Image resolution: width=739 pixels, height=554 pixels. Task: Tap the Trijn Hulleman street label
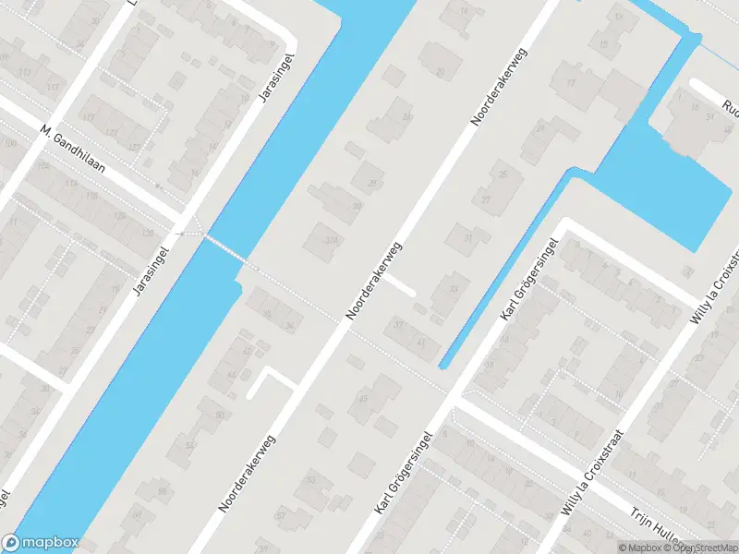click(660, 529)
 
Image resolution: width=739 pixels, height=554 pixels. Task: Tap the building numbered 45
click(363, 399)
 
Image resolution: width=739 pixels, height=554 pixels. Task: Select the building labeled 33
click(453, 289)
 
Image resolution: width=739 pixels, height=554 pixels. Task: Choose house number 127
click(134, 146)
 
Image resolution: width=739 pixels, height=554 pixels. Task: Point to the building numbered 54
click(189, 446)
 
